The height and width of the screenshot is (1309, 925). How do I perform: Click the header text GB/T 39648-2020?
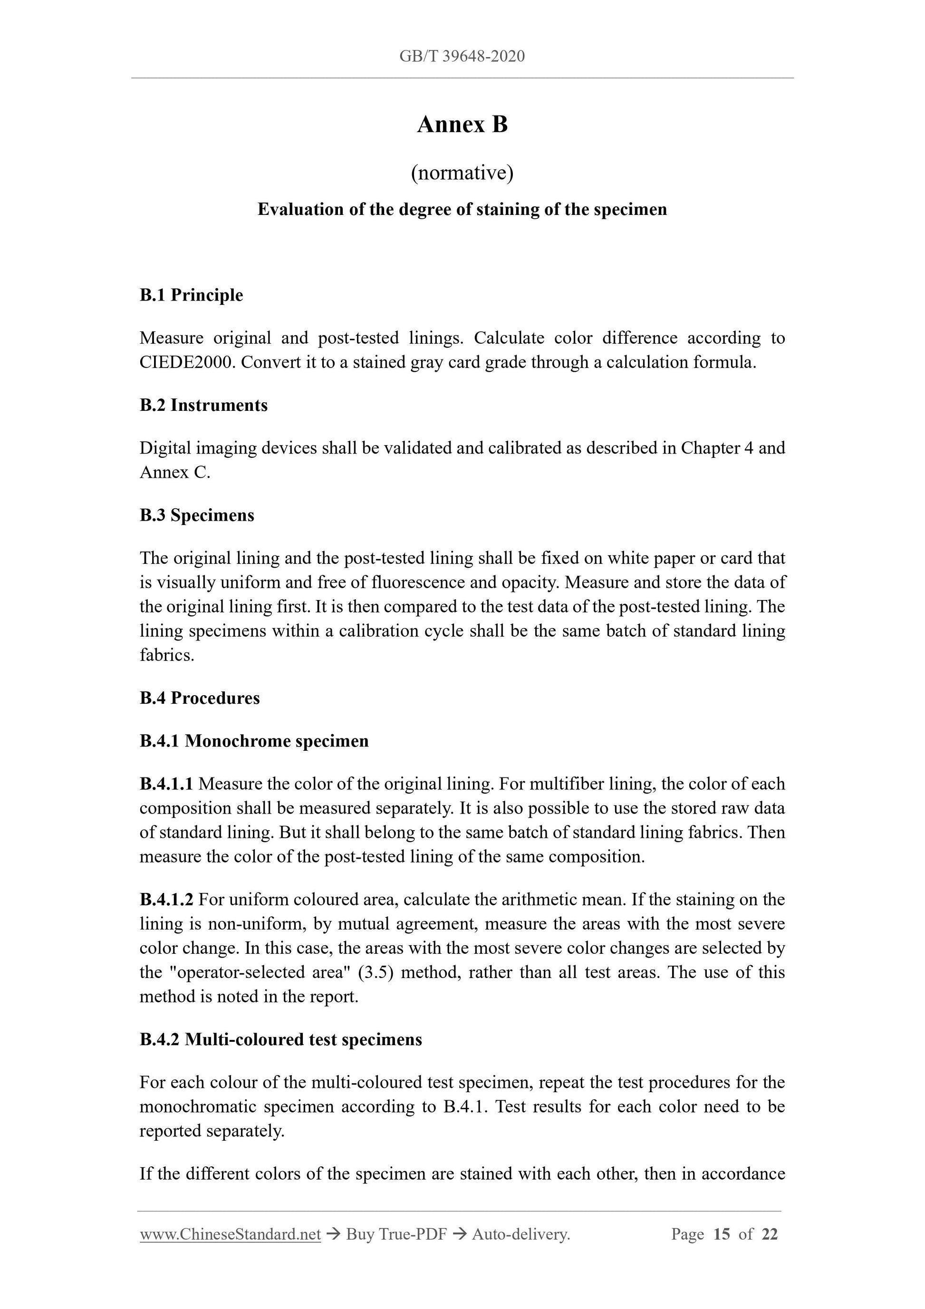(x=462, y=56)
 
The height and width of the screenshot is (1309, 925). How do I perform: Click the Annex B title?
(x=462, y=124)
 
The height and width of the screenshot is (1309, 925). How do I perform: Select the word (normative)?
(x=462, y=173)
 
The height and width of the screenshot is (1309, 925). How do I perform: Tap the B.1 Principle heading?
(x=191, y=295)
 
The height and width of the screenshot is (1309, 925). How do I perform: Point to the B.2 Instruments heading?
(x=203, y=406)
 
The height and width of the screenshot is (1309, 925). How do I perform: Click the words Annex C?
(x=174, y=473)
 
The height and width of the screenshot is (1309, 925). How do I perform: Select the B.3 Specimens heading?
(x=197, y=515)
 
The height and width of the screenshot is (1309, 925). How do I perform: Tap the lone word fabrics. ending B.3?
(x=167, y=656)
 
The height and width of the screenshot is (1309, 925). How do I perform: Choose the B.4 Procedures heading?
(x=200, y=698)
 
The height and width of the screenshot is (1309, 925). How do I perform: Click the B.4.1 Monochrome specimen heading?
(x=254, y=741)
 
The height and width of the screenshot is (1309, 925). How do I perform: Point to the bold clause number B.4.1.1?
(x=166, y=784)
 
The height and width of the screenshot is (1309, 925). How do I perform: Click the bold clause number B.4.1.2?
(x=166, y=900)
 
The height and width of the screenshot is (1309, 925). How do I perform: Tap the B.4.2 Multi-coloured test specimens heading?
(x=280, y=1039)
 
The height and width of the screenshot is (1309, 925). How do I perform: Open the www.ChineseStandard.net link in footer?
(x=230, y=1234)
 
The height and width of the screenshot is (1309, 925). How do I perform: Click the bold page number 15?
(x=721, y=1234)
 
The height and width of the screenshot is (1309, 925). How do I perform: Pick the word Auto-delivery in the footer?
(x=520, y=1234)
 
